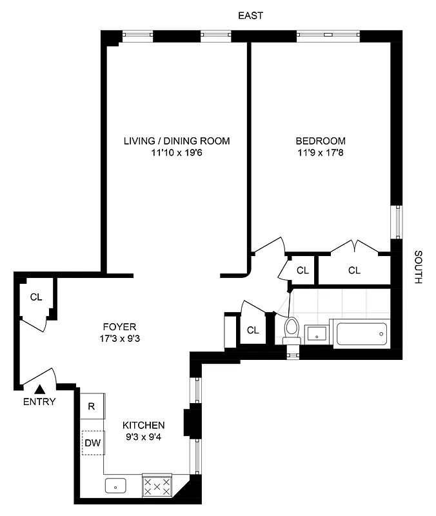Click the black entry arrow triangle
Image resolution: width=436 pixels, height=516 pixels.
pos(40,388)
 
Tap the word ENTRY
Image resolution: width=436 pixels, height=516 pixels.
pos(39,402)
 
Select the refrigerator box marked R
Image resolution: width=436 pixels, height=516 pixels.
pos(92,406)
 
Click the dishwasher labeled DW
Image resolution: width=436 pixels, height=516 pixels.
pos(92,443)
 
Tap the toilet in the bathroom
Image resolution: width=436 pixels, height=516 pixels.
pos(292,330)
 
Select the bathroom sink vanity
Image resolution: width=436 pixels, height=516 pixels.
pos(317,333)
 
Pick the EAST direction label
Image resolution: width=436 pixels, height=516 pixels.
pos(250,16)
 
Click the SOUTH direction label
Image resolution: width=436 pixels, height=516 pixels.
pos(417,268)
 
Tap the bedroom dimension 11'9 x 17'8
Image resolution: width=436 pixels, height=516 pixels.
pos(321,154)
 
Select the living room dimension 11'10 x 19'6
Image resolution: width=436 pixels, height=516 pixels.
pos(177,154)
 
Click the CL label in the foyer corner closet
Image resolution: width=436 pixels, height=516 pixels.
pos(36,297)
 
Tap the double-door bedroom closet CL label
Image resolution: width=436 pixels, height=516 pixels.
pos(354,270)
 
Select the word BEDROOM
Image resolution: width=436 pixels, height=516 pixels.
pos(321,141)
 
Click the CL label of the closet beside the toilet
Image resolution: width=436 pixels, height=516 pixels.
pos(253,330)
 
